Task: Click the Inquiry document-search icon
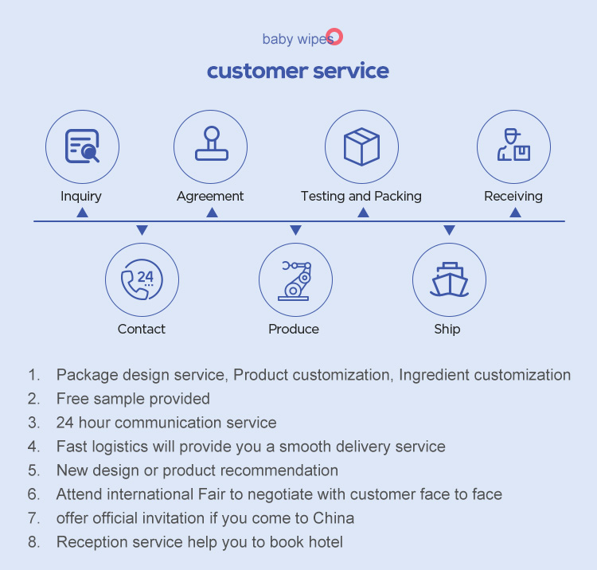click(82, 147)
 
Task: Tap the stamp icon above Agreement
click(211, 146)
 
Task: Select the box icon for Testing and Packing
click(361, 147)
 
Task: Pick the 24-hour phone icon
click(142, 280)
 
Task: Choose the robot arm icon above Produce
click(295, 280)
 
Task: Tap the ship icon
click(449, 280)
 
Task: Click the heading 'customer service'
click(298, 71)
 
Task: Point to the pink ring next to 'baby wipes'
click(335, 37)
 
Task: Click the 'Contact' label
click(142, 329)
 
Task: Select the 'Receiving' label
click(513, 196)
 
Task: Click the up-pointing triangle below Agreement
click(212, 213)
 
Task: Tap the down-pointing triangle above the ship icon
click(449, 230)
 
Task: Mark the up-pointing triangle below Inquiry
click(82, 213)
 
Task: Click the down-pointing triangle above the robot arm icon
click(295, 230)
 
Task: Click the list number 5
click(33, 470)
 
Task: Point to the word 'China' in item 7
click(334, 518)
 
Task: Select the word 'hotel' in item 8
click(326, 542)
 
